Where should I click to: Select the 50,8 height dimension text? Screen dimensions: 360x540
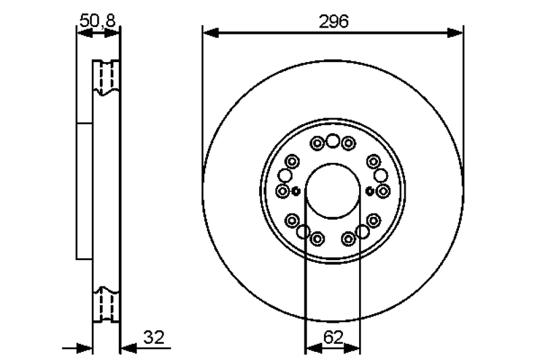(98, 21)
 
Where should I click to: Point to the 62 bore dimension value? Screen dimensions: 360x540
(332, 336)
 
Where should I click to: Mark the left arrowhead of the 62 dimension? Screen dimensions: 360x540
(313, 348)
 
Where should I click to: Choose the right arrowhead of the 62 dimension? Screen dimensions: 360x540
(353, 348)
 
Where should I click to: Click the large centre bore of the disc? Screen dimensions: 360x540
(333, 190)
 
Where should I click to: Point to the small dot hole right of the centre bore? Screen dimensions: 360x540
(370, 191)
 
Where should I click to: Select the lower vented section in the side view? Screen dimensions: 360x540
(106, 305)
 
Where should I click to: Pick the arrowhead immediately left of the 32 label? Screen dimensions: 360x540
(128, 348)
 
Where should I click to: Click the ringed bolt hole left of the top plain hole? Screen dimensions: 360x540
(317, 143)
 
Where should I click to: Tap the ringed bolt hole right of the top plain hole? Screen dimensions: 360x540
(348, 143)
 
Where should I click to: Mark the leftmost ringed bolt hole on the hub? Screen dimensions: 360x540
(283, 191)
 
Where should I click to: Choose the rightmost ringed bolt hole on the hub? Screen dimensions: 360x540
(383, 191)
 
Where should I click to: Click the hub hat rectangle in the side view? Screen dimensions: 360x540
(84, 190)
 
